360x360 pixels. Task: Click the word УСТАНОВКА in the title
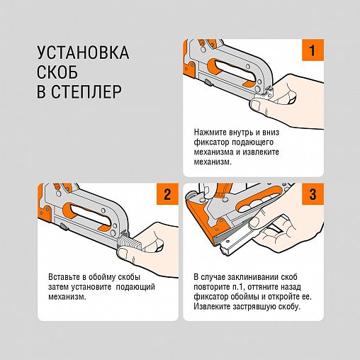coord(83,52)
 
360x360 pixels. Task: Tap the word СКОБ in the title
coord(57,72)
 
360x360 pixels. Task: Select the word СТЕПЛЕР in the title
coord(86,91)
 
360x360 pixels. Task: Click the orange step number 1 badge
coord(313,50)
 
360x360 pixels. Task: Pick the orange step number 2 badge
coord(167,194)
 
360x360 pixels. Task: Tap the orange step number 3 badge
coord(313,194)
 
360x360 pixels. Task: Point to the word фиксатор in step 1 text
coord(211,142)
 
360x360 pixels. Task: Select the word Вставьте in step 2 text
coord(64,276)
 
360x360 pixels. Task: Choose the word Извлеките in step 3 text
coord(212,306)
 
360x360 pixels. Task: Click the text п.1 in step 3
coord(238,287)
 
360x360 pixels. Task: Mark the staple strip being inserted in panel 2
coord(130,242)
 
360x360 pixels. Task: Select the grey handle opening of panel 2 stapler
coord(90,215)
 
